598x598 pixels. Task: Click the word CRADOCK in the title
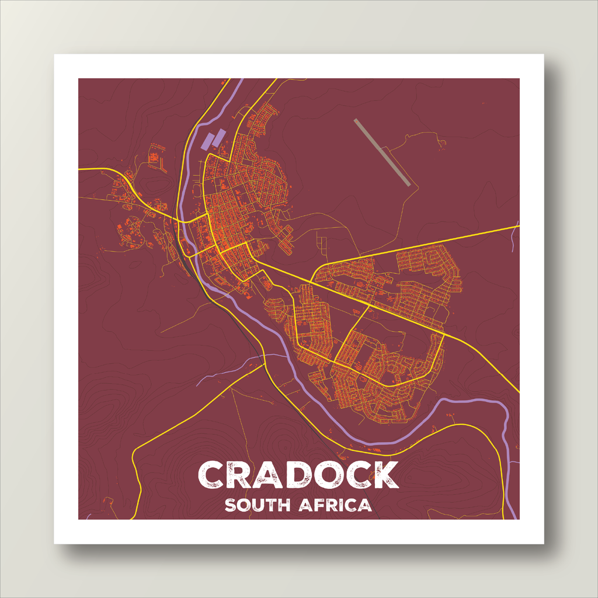(298, 474)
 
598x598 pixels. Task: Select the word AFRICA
(335, 505)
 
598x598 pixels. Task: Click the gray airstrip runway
(383, 152)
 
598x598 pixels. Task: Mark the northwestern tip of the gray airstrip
(356, 120)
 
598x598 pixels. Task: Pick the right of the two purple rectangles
(218, 138)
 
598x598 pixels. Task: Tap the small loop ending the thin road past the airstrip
(443, 142)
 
